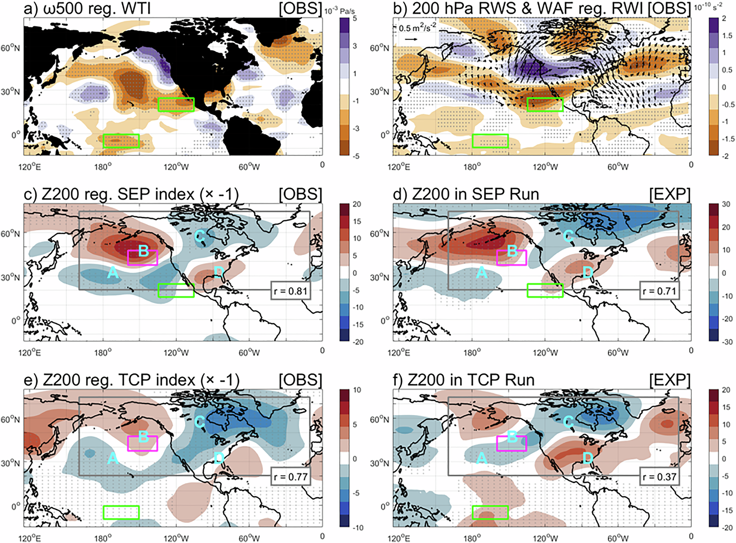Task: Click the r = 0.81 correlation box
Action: (x=291, y=291)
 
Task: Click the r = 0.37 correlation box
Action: (x=659, y=477)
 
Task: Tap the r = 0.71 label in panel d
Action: (x=659, y=291)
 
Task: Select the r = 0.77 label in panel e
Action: (x=291, y=477)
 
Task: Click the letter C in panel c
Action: (x=200, y=236)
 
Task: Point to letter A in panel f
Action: (x=482, y=458)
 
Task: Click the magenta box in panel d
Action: (x=512, y=258)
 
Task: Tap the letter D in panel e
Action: (x=219, y=458)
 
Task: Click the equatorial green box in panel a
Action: (x=121, y=141)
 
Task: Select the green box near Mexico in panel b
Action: (x=545, y=105)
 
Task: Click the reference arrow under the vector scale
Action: (x=411, y=39)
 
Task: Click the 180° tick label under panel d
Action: (x=472, y=352)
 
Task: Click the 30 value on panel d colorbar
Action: (x=726, y=204)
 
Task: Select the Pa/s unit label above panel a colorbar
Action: (x=347, y=11)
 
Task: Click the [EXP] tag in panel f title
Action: (x=670, y=380)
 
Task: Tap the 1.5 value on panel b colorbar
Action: (x=727, y=35)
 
